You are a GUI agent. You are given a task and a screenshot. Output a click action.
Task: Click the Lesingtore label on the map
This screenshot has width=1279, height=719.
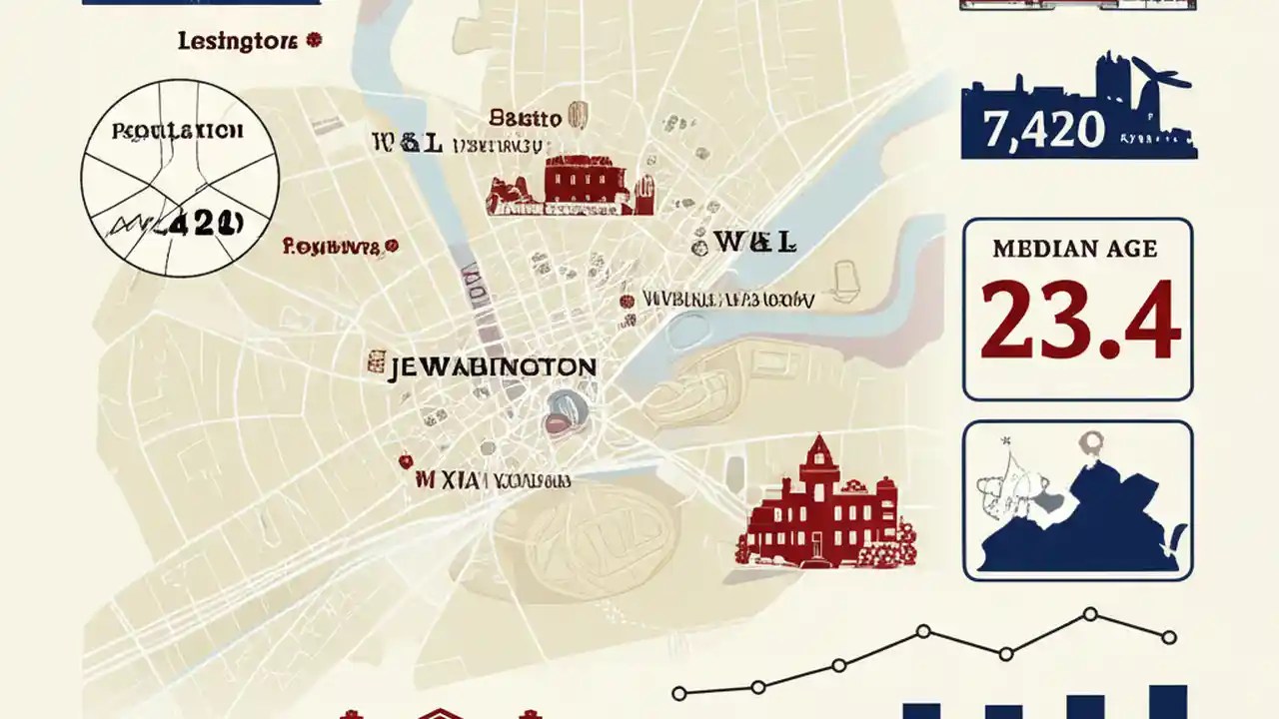(x=236, y=42)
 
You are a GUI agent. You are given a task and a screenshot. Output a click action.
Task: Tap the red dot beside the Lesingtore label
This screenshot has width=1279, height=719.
(x=314, y=40)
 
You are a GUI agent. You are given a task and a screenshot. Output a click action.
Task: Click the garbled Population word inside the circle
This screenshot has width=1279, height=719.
(x=178, y=131)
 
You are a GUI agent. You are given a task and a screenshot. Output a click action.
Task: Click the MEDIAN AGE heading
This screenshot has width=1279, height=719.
(x=1075, y=249)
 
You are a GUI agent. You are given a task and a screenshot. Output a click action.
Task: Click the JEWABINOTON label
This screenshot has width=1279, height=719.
(x=492, y=366)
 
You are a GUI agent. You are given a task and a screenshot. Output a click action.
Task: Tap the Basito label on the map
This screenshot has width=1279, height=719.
(x=525, y=118)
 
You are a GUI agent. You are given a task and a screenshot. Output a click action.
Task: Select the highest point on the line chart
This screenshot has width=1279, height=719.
(x=1090, y=614)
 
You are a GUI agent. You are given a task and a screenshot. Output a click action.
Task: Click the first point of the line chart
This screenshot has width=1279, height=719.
(x=679, y=692)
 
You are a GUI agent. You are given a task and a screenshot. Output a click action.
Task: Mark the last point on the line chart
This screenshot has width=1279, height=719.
(x=1170, y=636)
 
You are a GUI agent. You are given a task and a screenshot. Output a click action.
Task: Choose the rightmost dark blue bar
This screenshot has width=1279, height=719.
(x=1167, y=701)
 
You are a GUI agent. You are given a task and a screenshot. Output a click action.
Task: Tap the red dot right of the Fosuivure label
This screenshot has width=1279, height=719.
(x=392, y=244)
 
